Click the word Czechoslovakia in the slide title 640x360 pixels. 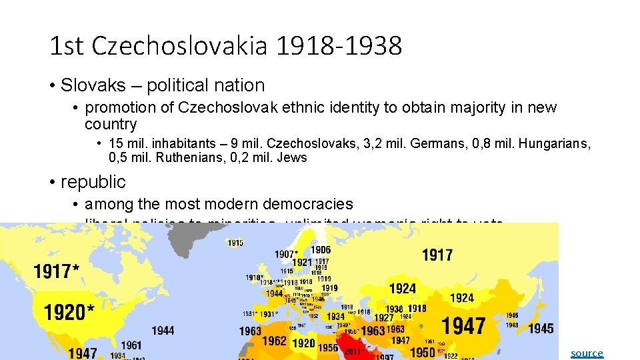click(181, 46)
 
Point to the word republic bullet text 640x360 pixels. click(93, 181)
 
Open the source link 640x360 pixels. click(587, 353)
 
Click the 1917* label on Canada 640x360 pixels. click(57, 271)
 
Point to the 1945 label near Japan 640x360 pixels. click(541, 328)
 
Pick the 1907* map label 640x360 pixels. click(286, 254)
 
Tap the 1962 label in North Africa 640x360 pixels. click(274, 341)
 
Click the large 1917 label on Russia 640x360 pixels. click(437, 255)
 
